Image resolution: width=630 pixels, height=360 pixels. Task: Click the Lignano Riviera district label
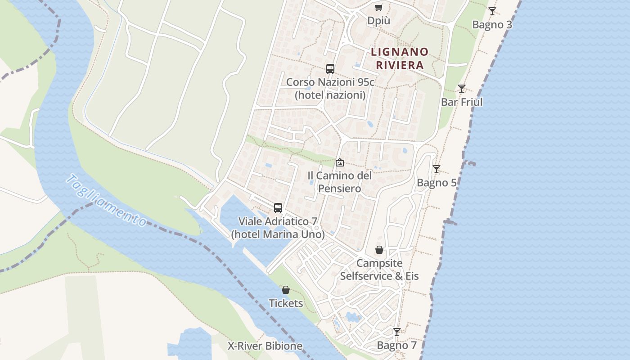coord(400,58)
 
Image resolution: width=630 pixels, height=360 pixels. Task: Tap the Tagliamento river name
coord(106,201)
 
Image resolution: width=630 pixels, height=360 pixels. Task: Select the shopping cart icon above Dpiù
coord(379,8)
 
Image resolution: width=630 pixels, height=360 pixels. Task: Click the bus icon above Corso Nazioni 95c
coord(330,69)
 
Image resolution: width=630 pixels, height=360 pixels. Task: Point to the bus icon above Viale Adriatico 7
coord(278,208)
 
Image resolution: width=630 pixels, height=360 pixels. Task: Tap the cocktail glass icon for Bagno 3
coord(492,11)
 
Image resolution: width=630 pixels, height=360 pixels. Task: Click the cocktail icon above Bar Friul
coord(462,89)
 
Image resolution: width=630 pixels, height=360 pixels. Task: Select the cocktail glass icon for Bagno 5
coord(436,169)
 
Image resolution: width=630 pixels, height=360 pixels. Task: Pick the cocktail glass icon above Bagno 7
coord(397,332)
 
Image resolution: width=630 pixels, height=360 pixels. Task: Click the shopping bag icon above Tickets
coord(286,290)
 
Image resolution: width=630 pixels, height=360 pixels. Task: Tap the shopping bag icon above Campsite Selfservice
coord(379,250)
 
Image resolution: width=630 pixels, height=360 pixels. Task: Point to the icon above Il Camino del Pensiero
coord(340,162)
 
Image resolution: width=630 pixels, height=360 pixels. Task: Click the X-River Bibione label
coord(265,346)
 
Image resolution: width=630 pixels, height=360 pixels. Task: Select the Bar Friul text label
coord(462,102)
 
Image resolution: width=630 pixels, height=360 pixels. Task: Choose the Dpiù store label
coord(379,21)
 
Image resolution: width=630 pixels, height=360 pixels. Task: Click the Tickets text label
coord(286,303)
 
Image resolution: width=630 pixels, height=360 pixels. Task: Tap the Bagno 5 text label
coord(436,183)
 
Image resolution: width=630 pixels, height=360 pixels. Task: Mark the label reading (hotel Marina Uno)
coord(278,234)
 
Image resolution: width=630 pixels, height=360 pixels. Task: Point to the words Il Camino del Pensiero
coord(340,182)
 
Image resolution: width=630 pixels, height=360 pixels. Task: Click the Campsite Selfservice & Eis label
coord(379,270)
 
